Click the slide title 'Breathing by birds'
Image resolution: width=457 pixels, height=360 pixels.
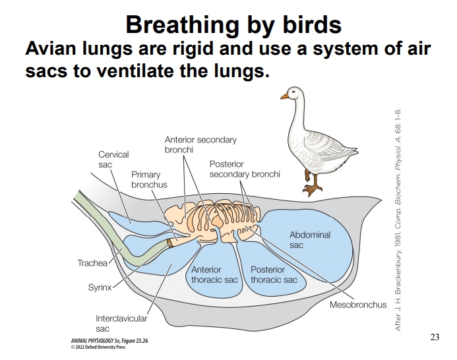(233, 24)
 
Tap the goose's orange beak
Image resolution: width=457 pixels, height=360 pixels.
(285, 96)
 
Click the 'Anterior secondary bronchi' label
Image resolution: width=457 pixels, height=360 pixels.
(200, 145)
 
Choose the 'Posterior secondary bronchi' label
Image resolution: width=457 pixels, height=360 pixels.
(245, 169)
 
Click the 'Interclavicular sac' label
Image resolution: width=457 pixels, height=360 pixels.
(121, 322)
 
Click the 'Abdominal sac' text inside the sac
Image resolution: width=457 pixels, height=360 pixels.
(309, 239)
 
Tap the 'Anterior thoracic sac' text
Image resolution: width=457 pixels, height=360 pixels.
(214, 275)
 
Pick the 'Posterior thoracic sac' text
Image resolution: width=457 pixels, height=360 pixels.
(274, 275)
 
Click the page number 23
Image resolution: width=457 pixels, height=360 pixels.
(434, 338)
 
